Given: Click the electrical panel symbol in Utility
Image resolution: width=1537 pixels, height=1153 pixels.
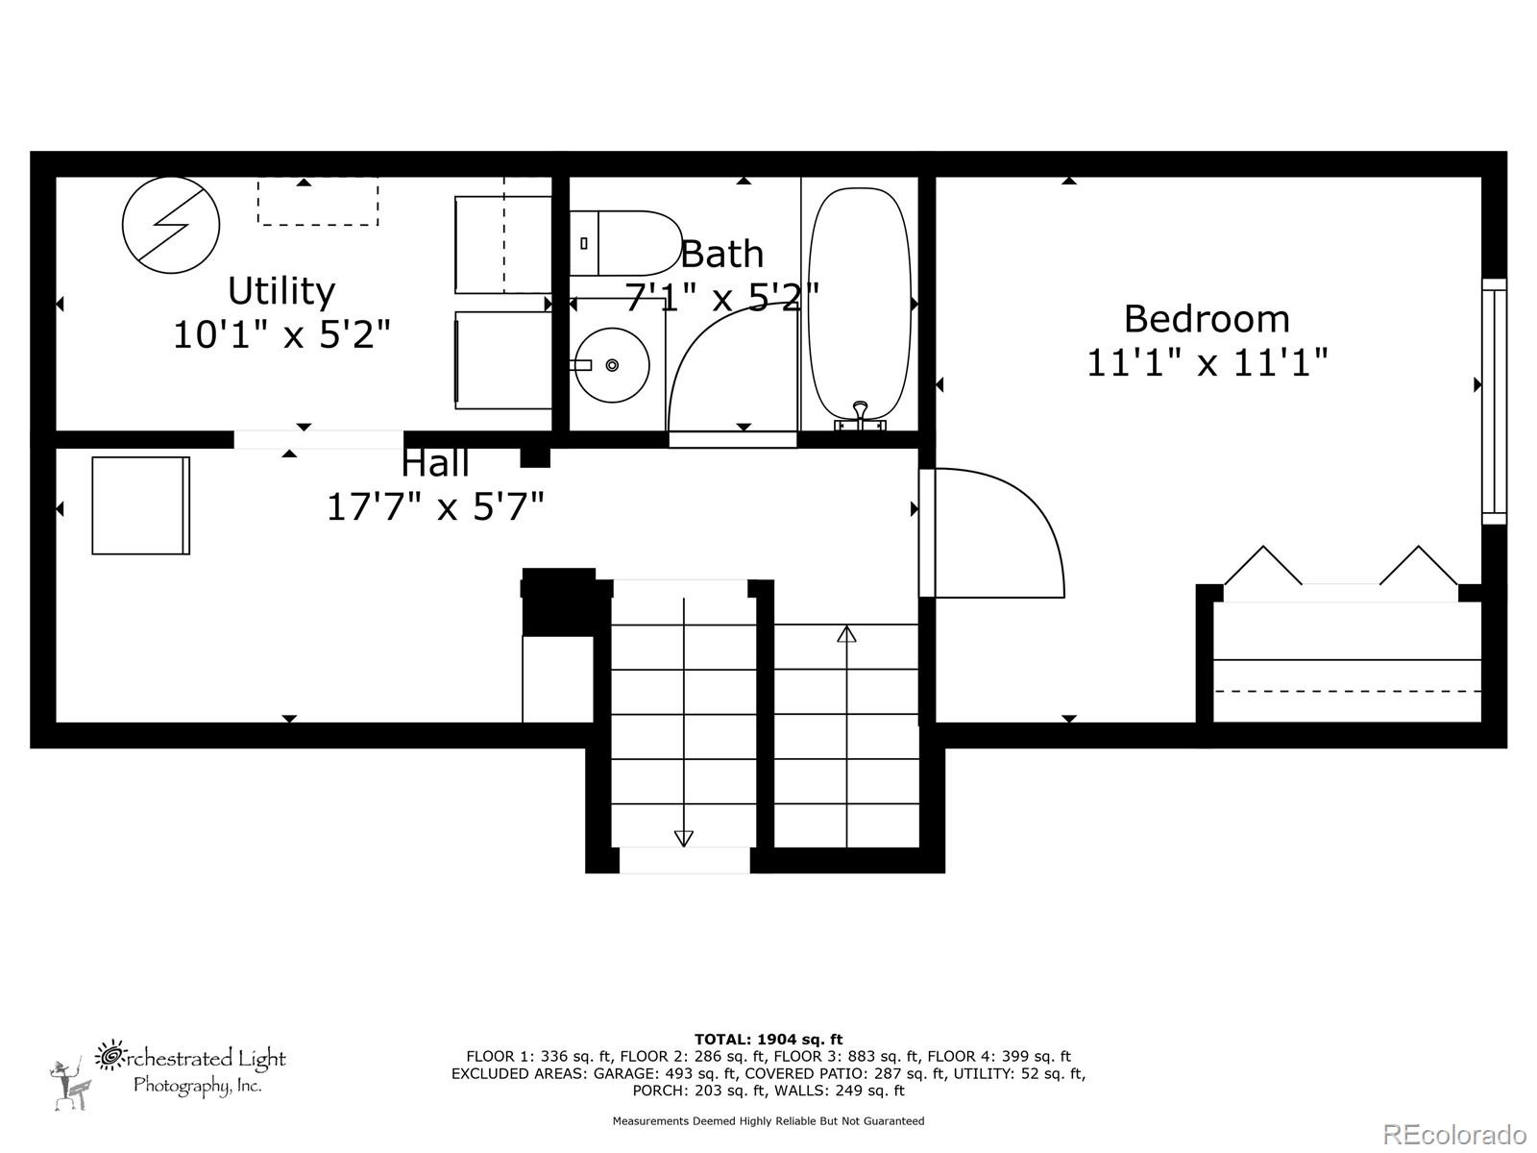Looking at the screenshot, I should tap(171, 225).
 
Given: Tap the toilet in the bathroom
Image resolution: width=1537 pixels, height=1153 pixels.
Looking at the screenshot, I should tap(624, 243).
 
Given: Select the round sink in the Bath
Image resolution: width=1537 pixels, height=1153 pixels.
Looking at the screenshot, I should tap(612, 365).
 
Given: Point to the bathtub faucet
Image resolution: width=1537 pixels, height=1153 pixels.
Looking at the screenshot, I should tap(860, 414).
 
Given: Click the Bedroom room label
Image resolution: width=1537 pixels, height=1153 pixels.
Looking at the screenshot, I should tap(1207, 318).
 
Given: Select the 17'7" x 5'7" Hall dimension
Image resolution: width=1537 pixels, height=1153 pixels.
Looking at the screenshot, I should tap(435, 506).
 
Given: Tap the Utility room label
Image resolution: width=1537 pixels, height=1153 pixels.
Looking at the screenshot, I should tap(281, 290).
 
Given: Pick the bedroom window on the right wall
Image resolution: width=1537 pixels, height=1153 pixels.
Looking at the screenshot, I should tap(1494, 401).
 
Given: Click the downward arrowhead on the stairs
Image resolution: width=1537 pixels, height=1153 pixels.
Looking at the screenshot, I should tap(683, 838).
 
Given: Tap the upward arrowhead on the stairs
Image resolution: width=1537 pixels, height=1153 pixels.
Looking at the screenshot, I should tap(846, 633).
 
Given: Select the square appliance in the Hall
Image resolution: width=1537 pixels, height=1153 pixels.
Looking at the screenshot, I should tap(140, 505).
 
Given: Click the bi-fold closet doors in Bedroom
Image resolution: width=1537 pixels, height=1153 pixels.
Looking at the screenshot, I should tap(1340, 567).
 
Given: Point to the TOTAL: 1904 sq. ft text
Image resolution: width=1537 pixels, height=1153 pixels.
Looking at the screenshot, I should tap(768, 1039).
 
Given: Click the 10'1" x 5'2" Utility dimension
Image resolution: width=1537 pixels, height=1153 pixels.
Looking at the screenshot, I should tap(281, 334).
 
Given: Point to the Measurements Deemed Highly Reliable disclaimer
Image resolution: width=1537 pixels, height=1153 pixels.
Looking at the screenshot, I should tap(768, 1120).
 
